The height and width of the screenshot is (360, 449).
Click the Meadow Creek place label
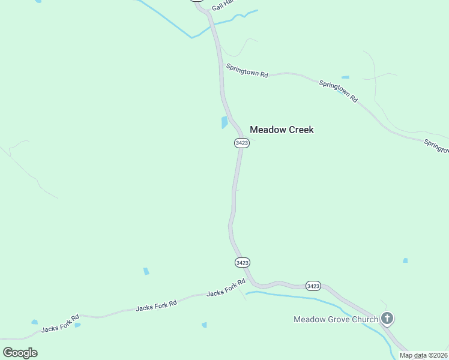click(x=282, y=130)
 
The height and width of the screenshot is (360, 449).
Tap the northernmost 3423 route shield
click(x=242, y=143)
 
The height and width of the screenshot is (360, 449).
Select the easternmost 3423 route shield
click(x=313, y=286)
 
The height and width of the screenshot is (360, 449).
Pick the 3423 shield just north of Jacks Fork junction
click(x=242, y=263)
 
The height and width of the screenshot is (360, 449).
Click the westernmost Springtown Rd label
click(x=246, y=72)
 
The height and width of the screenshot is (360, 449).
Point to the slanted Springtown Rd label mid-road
click(x=338, y=91)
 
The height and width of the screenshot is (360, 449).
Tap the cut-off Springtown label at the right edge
click(x=436, y=146)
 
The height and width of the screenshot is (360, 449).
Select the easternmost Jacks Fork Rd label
click(x=226, y=288)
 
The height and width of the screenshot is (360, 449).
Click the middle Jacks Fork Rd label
click(x=156, y=306)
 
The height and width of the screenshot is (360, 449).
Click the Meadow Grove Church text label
click(x=336, y=319)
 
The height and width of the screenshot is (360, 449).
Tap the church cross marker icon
click(x=387, y=318)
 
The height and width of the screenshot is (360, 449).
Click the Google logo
click(x=20, y=353)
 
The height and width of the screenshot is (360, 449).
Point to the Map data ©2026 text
click(x=423, y=355)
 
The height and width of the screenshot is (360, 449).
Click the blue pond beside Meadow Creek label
click(x=224, y=122)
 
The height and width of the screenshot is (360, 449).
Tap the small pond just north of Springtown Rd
click(x=345, y=77)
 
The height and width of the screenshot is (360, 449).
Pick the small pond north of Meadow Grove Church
click(x=405, y=260)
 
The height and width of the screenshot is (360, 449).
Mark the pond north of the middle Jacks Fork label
click(x=146, y=271)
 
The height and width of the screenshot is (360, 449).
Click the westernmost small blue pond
click(x=34, y=322)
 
